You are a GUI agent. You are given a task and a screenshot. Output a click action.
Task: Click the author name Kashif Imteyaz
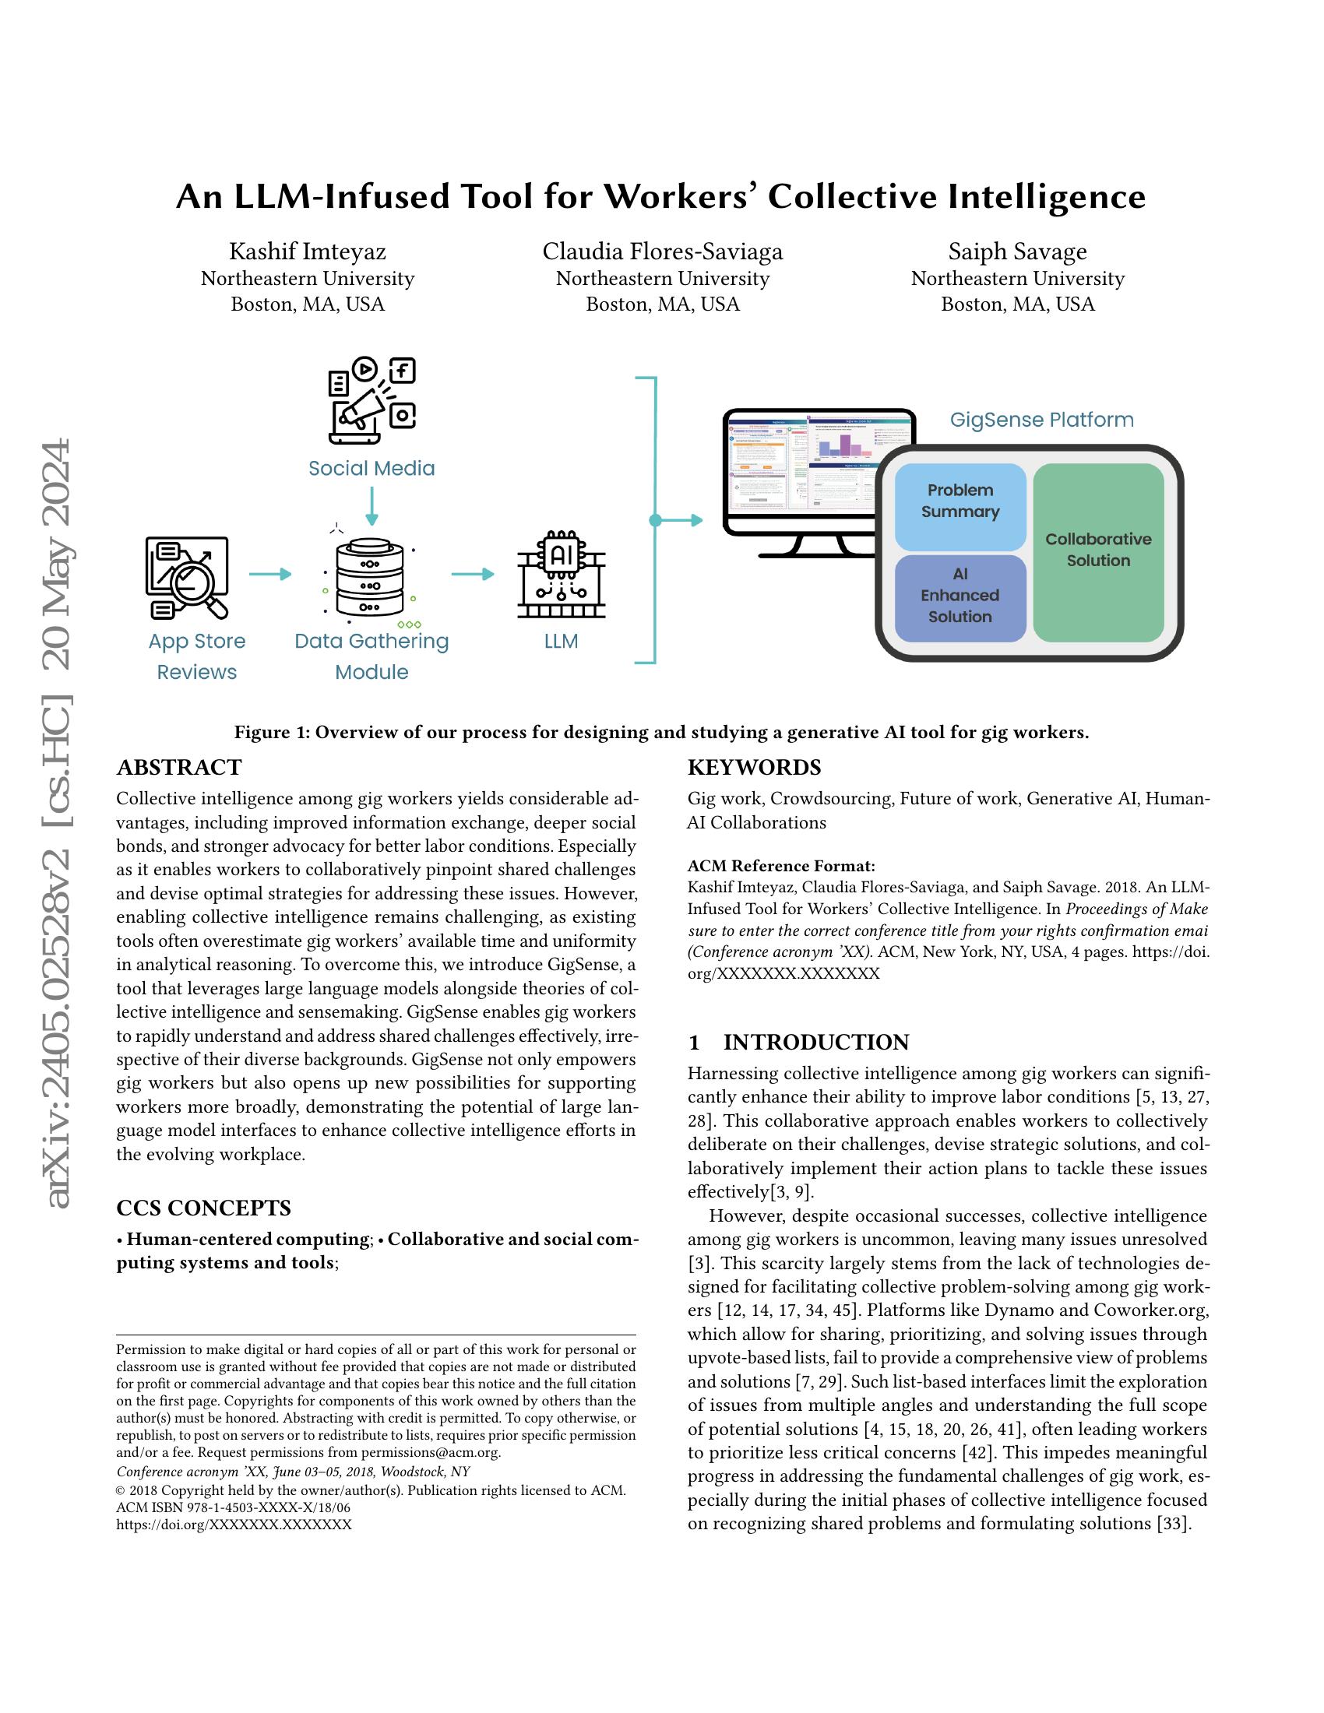click(x=308, y=251)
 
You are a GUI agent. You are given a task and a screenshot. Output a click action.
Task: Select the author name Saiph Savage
click(x=1017, y=251)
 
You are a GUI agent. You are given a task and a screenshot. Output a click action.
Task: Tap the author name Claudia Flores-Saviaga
click(x=662, y=251)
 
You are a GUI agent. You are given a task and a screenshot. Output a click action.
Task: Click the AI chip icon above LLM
click(x=562, y=575)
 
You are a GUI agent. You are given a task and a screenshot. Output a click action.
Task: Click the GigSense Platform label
click(x=1041, y=420)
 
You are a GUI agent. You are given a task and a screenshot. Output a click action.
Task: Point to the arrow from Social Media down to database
click(x=371, y=506)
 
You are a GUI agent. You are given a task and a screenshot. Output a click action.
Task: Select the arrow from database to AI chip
click(x=472, y=574)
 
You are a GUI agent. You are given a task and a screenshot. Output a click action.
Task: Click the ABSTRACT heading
click(x=179, y=767)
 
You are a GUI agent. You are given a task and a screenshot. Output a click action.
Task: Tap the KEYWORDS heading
click(x=754, y=767)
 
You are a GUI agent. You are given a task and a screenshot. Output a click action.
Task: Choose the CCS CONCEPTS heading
click(x=203, y=1208)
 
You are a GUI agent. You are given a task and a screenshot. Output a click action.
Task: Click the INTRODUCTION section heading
click(x=815, y=1043)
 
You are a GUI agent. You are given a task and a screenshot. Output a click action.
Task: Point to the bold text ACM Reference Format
click(x=780, y=866)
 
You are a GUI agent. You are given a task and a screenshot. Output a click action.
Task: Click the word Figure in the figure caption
click(x=261, y=733)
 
